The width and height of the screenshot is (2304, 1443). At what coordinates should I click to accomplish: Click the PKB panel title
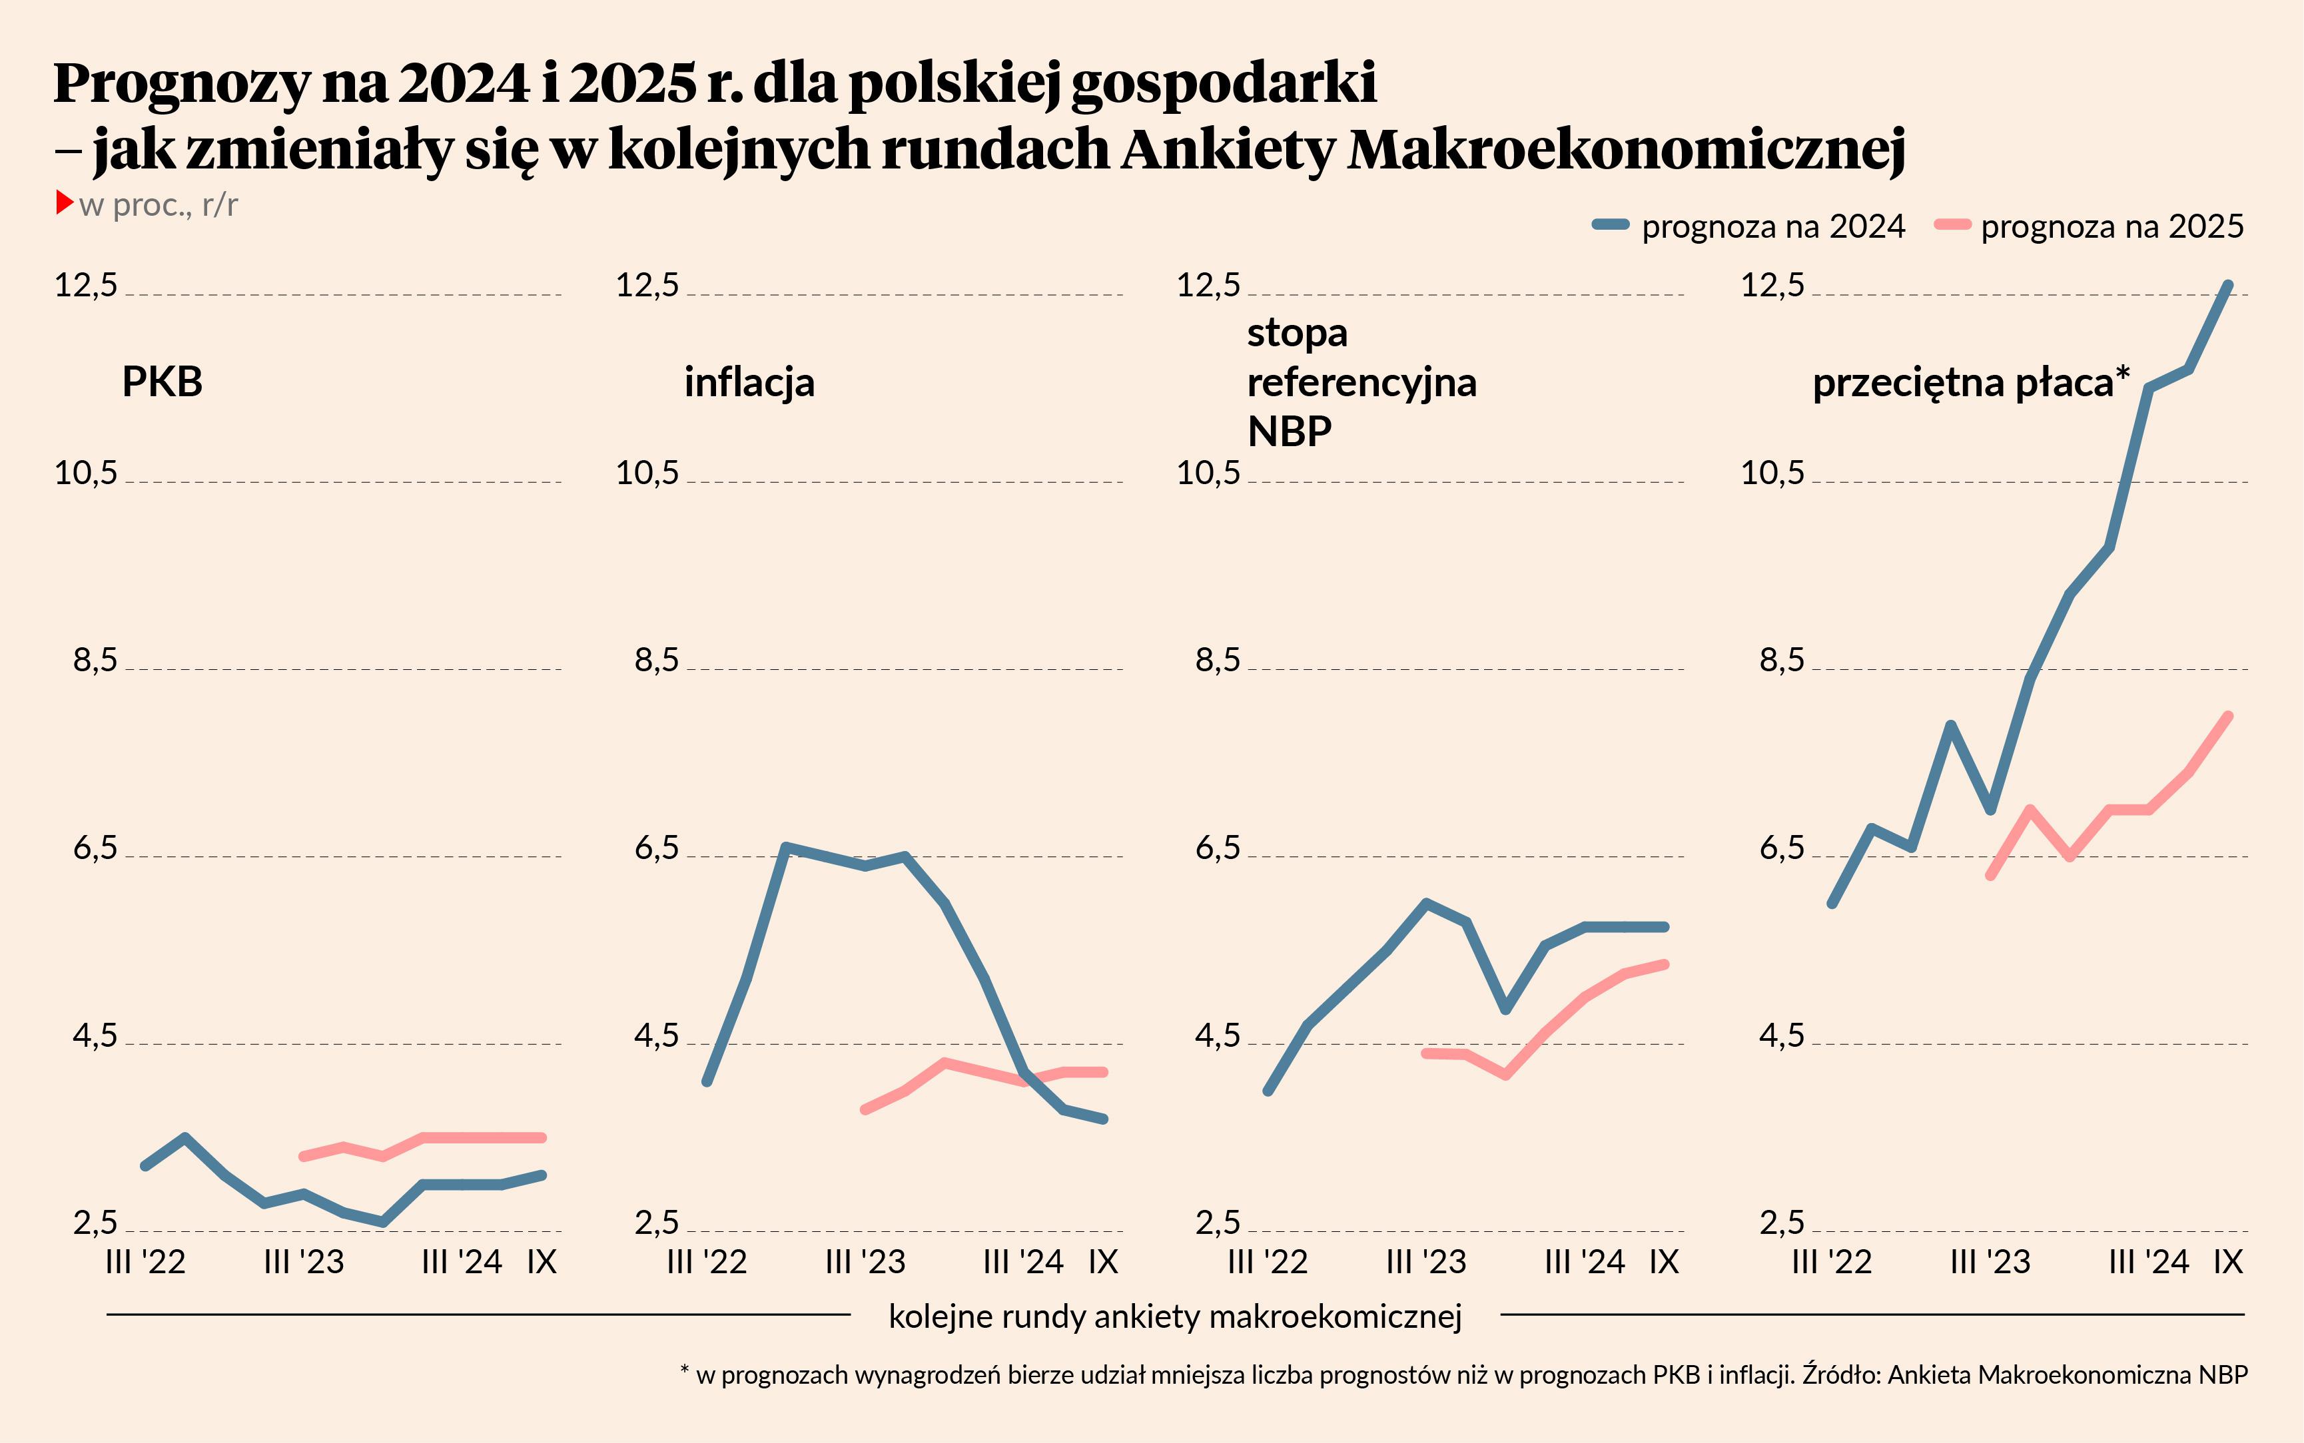pyautogui.click(x=163, y=382)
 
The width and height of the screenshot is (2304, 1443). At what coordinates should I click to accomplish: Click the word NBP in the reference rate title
pyautogui.click(x=1288, y=432)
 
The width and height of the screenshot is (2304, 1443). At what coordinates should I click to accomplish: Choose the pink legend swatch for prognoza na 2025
pyautogui.click(x=1952, y=225)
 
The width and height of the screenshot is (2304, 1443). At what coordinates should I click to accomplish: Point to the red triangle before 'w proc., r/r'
pyautogui.click(x=65, y=202)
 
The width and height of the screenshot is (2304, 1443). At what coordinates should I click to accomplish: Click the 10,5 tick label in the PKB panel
pyautogui.click(x=86, y=472)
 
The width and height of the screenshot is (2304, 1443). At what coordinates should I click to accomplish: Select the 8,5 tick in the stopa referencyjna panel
pyautogui.click(x=1218, y=659)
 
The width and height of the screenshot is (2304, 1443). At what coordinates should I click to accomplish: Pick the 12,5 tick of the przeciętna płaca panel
pyautogui.click(x=1773, y=284)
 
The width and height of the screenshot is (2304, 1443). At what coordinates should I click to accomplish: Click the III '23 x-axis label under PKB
pyautogui.click(x=304, y=1262)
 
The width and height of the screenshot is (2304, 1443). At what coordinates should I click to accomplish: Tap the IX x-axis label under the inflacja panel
pyautogui.click(x=1103, y=1262)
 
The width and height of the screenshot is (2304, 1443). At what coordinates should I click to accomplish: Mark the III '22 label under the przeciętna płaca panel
pyautogui.click(x=1832, y=1262)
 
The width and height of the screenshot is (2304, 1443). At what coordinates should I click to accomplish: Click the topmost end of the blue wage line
pyautogui.click(x=2229, y=284)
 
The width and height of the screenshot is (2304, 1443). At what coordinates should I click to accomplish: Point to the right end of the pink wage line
pyautogui.click(x=2229, y=716)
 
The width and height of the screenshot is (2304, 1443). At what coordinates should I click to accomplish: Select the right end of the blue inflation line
pyautogui.click(x=1103, y=1119)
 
